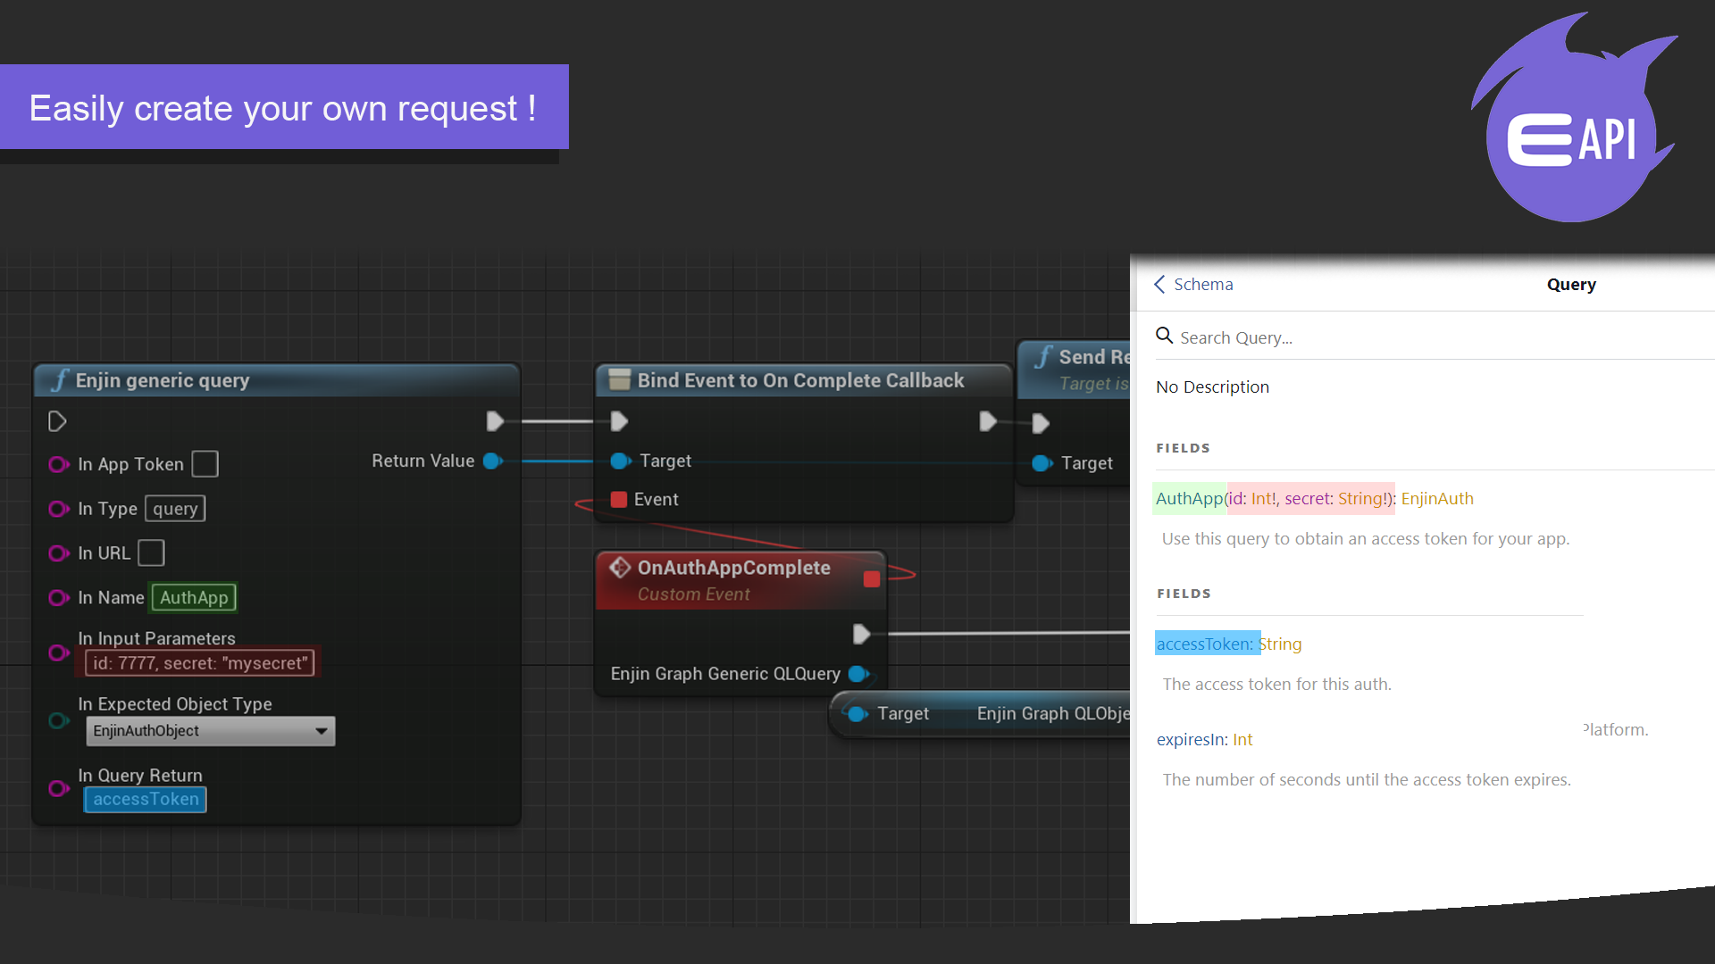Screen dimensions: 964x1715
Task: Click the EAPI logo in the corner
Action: click(1572, 125)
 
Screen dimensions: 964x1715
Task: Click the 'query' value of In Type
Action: click(175, 509)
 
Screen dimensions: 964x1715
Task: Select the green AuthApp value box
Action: click(194, 598)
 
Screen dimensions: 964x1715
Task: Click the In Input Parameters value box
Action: click(200, 663)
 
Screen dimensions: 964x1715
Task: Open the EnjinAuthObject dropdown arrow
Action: click(322, 731)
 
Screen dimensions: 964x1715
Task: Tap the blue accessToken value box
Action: click(146, 800)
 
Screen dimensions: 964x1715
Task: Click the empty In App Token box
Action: click(205, 464)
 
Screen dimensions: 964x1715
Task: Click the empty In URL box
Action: click(152, 553)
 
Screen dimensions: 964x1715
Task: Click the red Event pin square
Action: click(618, 500)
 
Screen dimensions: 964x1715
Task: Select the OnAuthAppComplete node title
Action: click(733, 568)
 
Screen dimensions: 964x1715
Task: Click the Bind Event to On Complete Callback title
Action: click(800, 380)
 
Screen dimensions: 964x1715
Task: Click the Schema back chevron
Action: click(1159, 285)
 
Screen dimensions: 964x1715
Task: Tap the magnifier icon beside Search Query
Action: click(1164, 336)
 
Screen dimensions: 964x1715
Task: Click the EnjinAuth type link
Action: click(1437, 499)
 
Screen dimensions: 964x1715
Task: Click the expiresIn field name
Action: click(1192, 740)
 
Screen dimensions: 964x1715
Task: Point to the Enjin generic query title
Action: click(162, 380)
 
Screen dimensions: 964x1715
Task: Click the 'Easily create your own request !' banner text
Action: click(282, 108)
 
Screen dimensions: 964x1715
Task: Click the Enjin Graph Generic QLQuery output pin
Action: click(858, 674)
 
